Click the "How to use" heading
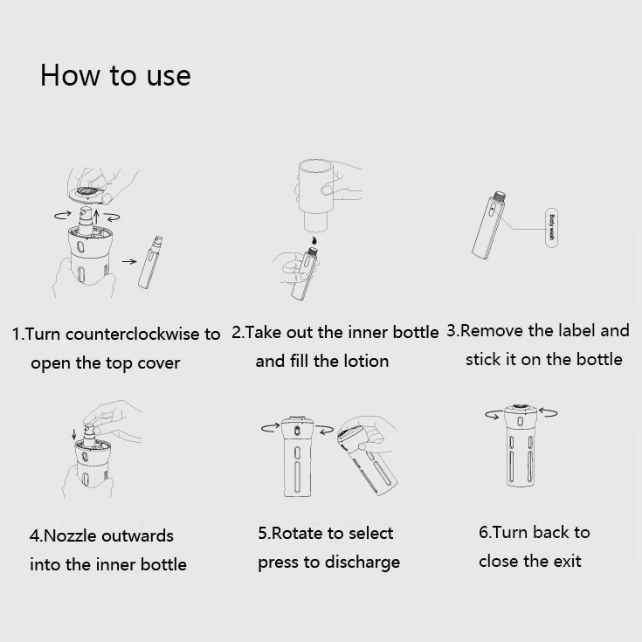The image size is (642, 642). tap(115, 76)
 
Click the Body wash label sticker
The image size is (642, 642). tap(551, 228)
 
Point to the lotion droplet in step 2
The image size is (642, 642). tap(314, 240)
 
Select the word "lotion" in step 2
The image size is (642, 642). tap(366, 361)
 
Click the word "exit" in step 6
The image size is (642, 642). tap(567, 562)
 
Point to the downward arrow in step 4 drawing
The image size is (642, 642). tap(74, 434)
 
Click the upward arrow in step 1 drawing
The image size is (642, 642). tap(97, 217)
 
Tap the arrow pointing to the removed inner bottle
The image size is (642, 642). tap(129, 261)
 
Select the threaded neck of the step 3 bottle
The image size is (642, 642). tap(499, 197)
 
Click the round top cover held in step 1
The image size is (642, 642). tap(88, 194)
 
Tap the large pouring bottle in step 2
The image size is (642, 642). tap(315, 195)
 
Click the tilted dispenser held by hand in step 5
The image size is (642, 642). tap(367, 459)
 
